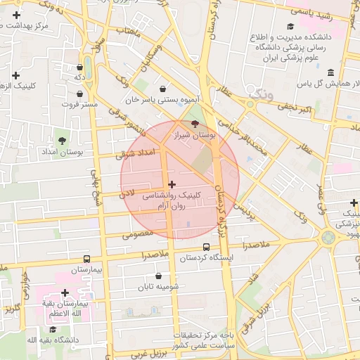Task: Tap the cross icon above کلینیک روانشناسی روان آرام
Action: (172, 184)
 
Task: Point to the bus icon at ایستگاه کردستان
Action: (206, 247)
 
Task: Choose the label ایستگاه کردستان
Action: (206, 258)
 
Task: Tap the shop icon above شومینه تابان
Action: (158, 276)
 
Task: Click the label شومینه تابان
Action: (158, 287)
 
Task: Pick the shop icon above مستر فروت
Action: (80, 93)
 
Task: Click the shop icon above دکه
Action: (79, 67)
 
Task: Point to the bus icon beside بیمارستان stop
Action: (86, 259)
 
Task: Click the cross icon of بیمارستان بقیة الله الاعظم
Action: (65, 292)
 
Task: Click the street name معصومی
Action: (138, 234)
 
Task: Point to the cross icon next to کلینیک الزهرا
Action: (16, 75)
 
